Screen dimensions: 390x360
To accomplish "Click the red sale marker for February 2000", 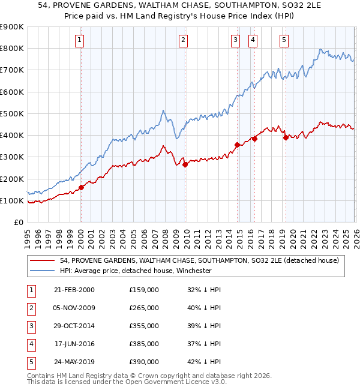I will tap(82, 188).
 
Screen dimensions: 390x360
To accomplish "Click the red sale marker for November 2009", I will tap(185, 165).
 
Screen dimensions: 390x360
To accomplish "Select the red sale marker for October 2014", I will tap(237, 145).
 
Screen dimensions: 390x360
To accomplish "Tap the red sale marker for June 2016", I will tap(254, 139).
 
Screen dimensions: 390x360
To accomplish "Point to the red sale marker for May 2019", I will tap(286, 137).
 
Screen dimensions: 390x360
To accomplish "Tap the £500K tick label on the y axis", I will tap(12, 113).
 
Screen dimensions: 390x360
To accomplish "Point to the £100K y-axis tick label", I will tap(12, 200).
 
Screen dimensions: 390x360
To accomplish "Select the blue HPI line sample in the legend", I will tap(43, 271).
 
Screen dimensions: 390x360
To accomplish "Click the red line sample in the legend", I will tap(43, 260).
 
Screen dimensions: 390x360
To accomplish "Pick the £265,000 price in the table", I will tap(144, 308).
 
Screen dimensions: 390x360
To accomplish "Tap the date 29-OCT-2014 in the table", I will tap(74, 326).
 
